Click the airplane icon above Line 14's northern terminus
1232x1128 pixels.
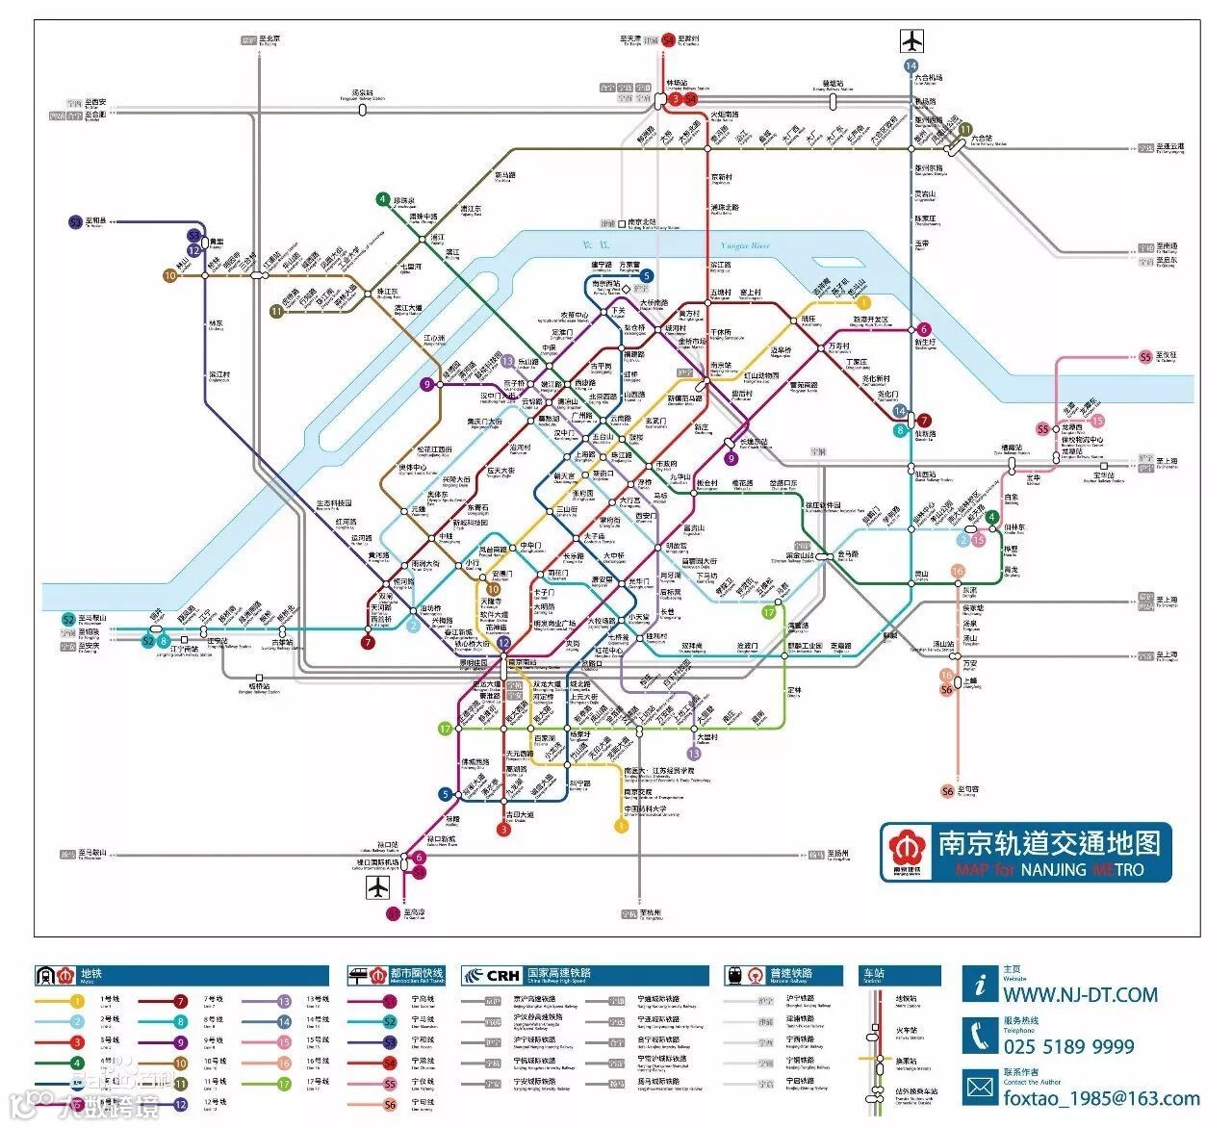click(x=911, y=41)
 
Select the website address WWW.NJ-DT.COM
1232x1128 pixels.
click(x=1080, y=995)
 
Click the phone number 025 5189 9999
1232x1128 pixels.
click(x=1068, y=1046)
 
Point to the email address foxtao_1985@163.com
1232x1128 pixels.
click(x=1101, y=1098)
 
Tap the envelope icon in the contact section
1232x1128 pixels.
click(x=980, y=1088)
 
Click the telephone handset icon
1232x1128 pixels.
click(x=980, y=1036)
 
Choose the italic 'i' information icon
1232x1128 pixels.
click(x=980, y=985)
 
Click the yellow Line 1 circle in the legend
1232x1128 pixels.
click(x=77, y=1000)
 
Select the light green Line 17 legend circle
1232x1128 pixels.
click(x=284, y=1083)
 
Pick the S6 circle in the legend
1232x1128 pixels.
click(x=390, y=1104)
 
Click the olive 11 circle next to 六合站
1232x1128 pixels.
click(x=965, y=129)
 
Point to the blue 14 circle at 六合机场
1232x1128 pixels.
click(x=911, y=65)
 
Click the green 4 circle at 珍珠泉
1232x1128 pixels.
click(x=383, y=200)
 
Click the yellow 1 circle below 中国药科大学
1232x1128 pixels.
click(x=622, y=826)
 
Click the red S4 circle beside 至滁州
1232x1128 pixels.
click(x=668, y=39)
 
